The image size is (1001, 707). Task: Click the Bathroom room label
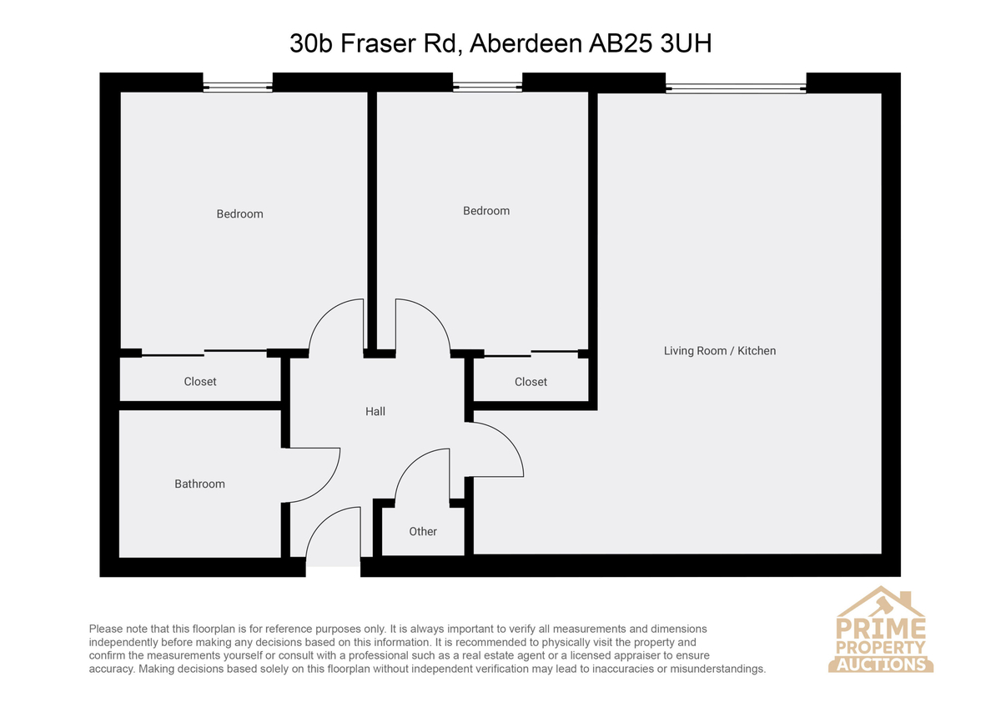pyautogui.click(x=199, y=484)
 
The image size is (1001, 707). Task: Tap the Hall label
pyautogui.click(x=375, y=411)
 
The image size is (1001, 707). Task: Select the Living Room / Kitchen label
pyautogui.click(x=719, y=351)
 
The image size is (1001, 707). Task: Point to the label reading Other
pyautogui.click(x=423, y=531)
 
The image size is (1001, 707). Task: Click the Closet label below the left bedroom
pyautogui.click(x=199, y=381)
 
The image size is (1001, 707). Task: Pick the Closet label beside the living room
pyautogui.click(x=531, y=382)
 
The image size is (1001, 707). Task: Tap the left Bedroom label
pyautogui.click(x=239, y=214)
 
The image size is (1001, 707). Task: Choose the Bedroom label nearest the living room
pyautogui.click(x=486, y=211)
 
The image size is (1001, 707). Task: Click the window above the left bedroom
pyautogui.click(x=238, y=87)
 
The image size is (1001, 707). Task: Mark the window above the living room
pyautogui.click(x=736, y=88)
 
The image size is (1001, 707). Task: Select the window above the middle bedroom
pyautogui.click(x=487, y=87)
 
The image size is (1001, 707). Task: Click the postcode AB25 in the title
pyautogui.click(x=621, y=43)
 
